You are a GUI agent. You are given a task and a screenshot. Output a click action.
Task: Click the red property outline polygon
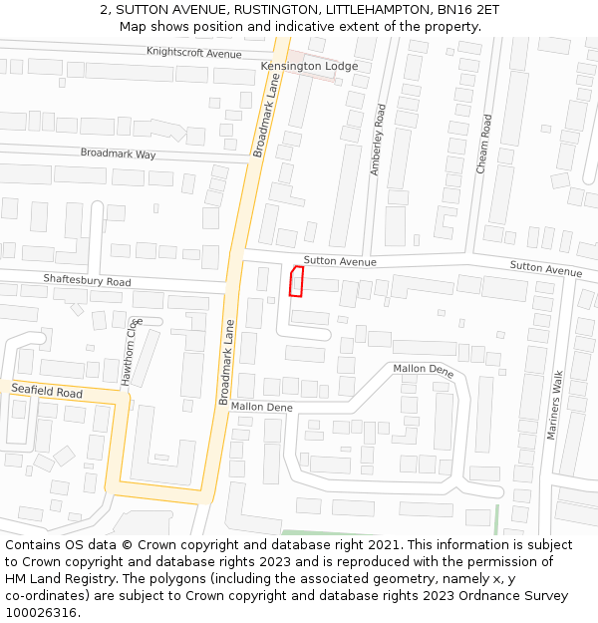tap(296, 281)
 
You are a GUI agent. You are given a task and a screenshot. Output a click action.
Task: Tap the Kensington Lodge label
tap(309, 66)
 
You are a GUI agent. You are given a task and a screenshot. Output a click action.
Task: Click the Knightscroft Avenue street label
tap(194, 52)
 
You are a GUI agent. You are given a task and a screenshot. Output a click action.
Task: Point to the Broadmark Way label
tap(119, 154)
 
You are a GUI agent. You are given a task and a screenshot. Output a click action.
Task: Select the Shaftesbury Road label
tap(88, 282)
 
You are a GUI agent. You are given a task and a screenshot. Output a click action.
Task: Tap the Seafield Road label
tap(47, 392)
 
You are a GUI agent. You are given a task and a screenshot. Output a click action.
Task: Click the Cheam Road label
tap(484, 145)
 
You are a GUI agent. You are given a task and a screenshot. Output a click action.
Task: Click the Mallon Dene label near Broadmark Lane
tap(262, 407)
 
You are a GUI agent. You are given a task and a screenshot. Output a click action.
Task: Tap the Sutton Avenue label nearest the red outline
tap(340, 261)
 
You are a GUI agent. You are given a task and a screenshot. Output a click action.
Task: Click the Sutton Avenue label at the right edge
tap(545, 270)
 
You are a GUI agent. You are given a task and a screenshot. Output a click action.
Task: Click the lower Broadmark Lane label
tap(226, 361)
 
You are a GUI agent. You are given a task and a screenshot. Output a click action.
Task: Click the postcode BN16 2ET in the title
tap(465, 9)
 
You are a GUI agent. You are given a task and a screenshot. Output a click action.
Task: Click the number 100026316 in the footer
tap(41, 612)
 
